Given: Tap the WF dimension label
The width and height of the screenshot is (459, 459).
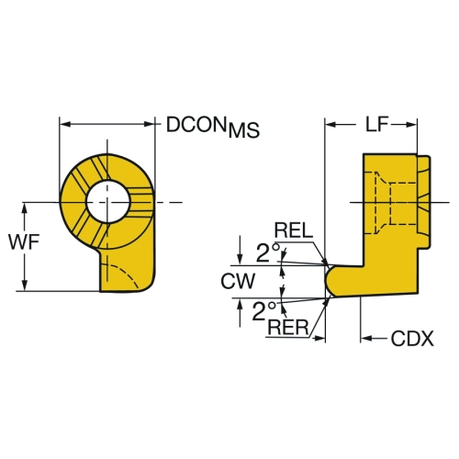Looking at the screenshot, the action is click(x=24, y=242).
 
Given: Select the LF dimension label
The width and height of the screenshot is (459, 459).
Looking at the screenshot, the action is click(x=376, y=125).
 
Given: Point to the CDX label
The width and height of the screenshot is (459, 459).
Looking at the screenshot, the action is click(x=412, y=339).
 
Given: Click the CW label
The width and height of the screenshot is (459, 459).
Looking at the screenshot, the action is click(x=238, y=281).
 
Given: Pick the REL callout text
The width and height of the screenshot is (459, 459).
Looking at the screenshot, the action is click(x=294, y=230).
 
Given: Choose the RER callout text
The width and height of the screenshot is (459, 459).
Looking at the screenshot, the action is click(x=288, y=327).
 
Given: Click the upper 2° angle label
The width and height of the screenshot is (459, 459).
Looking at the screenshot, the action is click(x=269, y=252).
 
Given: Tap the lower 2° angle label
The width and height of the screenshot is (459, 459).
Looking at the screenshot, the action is click(x=264, y=311).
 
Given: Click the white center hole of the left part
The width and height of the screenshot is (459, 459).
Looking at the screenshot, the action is click(x=107, y=202).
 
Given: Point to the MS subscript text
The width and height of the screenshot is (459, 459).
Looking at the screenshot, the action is click(x=244, y=130).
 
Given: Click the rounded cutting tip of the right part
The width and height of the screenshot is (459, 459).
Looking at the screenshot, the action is click(x=330, y=281).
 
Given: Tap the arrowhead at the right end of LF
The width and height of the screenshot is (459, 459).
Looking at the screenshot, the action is click(x=411, y=125).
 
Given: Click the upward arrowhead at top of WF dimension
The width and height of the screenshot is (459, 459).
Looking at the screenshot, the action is click(x=25, y=208).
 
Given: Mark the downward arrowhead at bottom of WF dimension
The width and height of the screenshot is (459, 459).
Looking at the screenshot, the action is click(x=25, y=285).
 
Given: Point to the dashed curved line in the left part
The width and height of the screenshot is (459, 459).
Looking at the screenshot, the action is click(x=121, y=274).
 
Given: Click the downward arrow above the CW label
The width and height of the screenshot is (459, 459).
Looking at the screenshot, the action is click(x=240, y=251).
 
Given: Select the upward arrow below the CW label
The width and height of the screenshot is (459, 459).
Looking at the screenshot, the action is click(x=240, y=313).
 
